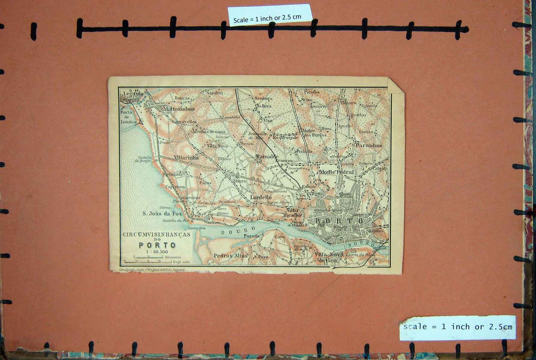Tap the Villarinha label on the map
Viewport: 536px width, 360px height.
click(x=186, y=158)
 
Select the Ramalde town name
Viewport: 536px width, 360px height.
click(x=267, y=157)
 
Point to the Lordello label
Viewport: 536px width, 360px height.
click(x=261, y=197)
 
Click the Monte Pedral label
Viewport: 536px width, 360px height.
click(x=336, y=172)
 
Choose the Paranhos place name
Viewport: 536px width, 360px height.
click(x=368, y=145)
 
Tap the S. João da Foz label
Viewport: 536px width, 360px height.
click(x=162, y=214)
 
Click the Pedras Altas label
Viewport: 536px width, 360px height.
click(x=230, y=255)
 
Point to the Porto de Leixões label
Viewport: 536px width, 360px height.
click(x=128, y=117)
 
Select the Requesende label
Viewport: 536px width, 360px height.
click(x=285, y=137)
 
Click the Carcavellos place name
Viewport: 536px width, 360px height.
click(x=184, y=122)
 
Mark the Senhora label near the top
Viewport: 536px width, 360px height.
click(x=263, y=99)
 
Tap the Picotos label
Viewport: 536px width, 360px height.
click(x=312, y=92)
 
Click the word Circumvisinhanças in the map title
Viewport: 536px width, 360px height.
click(x=156, y=235)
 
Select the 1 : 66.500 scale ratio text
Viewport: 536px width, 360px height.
click(x=157, y=252)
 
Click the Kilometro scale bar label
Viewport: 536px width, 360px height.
click(x=173, y=257)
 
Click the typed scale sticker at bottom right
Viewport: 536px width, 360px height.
click(x=458, y=327)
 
